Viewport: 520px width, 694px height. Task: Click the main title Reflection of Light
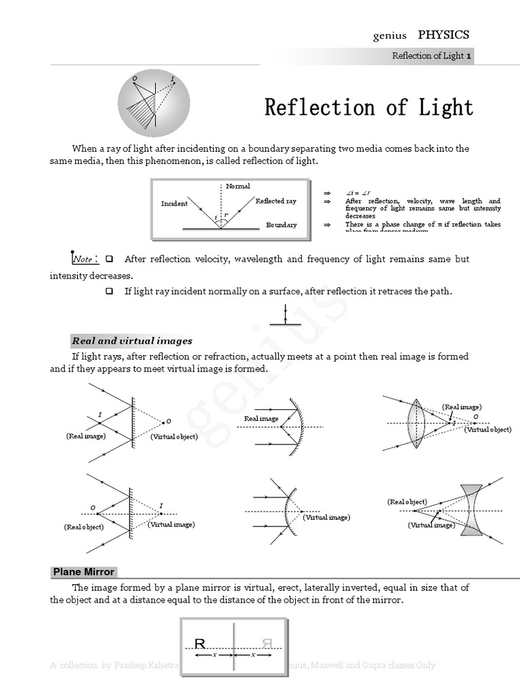coord(368,108)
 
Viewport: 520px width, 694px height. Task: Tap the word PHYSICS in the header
coord(443,35)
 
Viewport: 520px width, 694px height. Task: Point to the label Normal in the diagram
coord(238,186)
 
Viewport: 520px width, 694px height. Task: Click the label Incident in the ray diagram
coord(174,203)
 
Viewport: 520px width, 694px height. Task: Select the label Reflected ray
coord(276,201)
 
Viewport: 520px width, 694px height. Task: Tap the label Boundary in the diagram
coord(281,225)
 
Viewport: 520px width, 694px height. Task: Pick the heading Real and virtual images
coord(132,341)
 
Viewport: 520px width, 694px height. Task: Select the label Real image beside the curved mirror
coord(261,419)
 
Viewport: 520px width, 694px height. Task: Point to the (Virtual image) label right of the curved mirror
coord(326,517)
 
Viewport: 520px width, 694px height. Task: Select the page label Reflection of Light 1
coord(431,56)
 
